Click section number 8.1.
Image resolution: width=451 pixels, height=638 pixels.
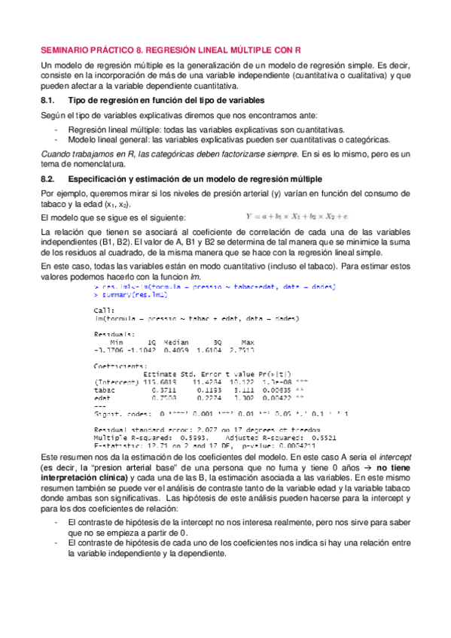(48, 100)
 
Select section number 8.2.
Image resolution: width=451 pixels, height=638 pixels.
(48, 178)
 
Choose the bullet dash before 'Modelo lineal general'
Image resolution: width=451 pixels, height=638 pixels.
(57, 139)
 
